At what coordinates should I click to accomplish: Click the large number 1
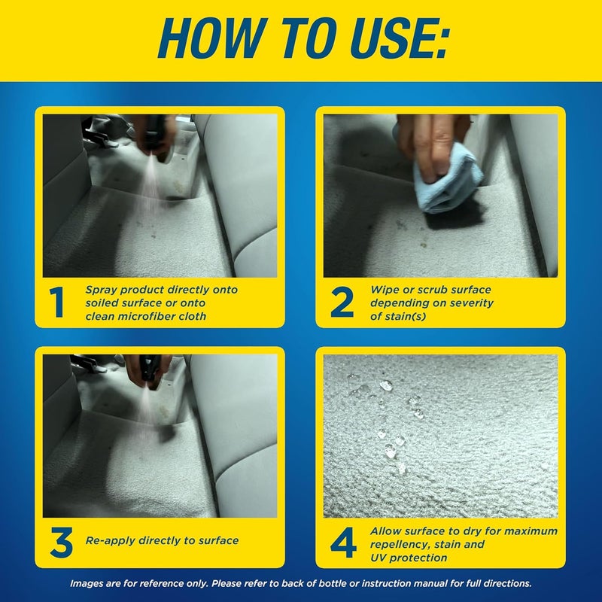(58, 302)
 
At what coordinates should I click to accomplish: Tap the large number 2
(342, 302)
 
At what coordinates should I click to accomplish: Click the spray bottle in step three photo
(147, 369)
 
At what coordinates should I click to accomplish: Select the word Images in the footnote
(89, 583)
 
